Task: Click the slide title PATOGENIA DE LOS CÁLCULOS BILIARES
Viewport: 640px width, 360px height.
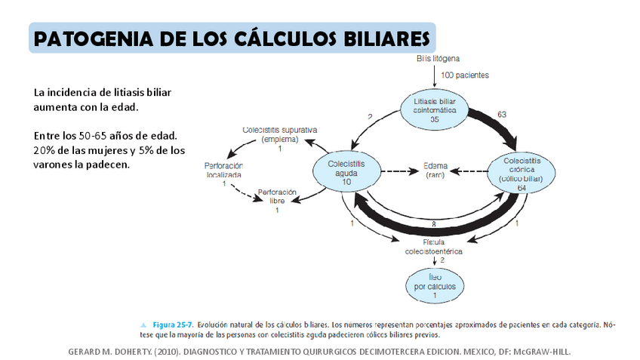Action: point(233,38)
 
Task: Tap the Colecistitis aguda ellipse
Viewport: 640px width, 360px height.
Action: point(346,171)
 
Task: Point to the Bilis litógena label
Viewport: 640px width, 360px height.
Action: point(438,58)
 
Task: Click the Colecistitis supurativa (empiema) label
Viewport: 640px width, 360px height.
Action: point(279,134)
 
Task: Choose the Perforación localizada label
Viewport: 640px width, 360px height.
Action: point(223,169)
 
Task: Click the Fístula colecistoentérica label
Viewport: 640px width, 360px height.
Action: point(432,246)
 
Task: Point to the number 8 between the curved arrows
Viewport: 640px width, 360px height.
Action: point(433,224)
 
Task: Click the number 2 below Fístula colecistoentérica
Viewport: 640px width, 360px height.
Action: point(442,260)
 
